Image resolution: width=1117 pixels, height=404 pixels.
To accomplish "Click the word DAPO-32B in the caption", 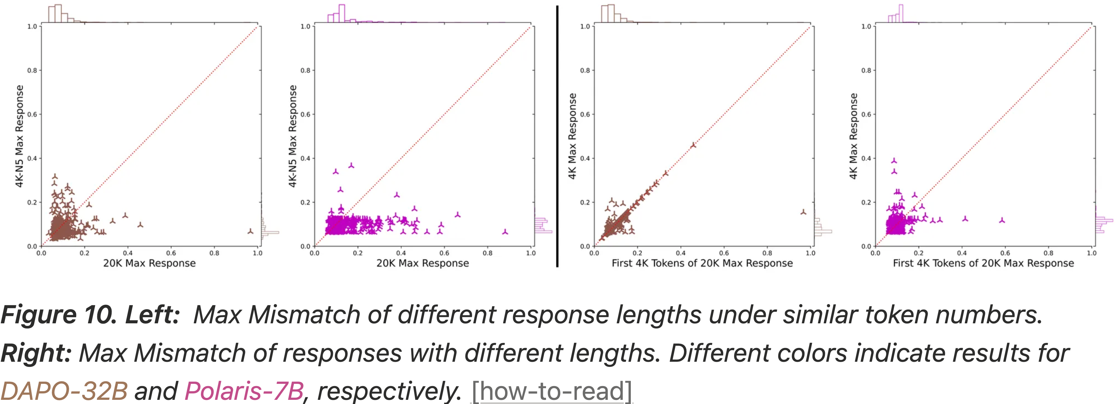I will click(x=64, y=391).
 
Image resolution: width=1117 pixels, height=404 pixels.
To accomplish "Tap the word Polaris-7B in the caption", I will click(x=244, y=391).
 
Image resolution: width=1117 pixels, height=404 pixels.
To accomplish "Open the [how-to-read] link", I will click(x=551, y=391).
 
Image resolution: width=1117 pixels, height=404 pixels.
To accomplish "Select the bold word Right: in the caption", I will click(x=36, y=352).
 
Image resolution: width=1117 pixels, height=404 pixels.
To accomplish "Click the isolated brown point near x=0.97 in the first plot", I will click(x=250, y=231).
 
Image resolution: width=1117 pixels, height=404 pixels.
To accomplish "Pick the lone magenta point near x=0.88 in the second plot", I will click(x=505, y=232).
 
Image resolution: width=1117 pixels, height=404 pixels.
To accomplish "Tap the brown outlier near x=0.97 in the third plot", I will click(x=803, y=212).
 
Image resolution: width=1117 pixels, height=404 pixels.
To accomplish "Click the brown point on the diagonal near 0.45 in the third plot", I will click(x=693, y=145).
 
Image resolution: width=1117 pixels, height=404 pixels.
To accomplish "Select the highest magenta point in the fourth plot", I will click(x=894, y=161).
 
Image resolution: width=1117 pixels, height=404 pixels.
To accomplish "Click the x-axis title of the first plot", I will click(x=149, y=263).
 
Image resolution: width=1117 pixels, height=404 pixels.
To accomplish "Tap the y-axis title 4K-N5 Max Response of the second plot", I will click(x=293, y=136).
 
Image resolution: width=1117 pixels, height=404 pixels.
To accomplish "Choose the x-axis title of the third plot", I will click(x=702, y=263).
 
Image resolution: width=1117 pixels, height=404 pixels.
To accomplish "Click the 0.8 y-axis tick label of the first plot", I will click(x=32, y=70).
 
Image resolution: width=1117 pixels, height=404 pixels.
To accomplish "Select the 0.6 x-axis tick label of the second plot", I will click(x=444, y=253).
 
